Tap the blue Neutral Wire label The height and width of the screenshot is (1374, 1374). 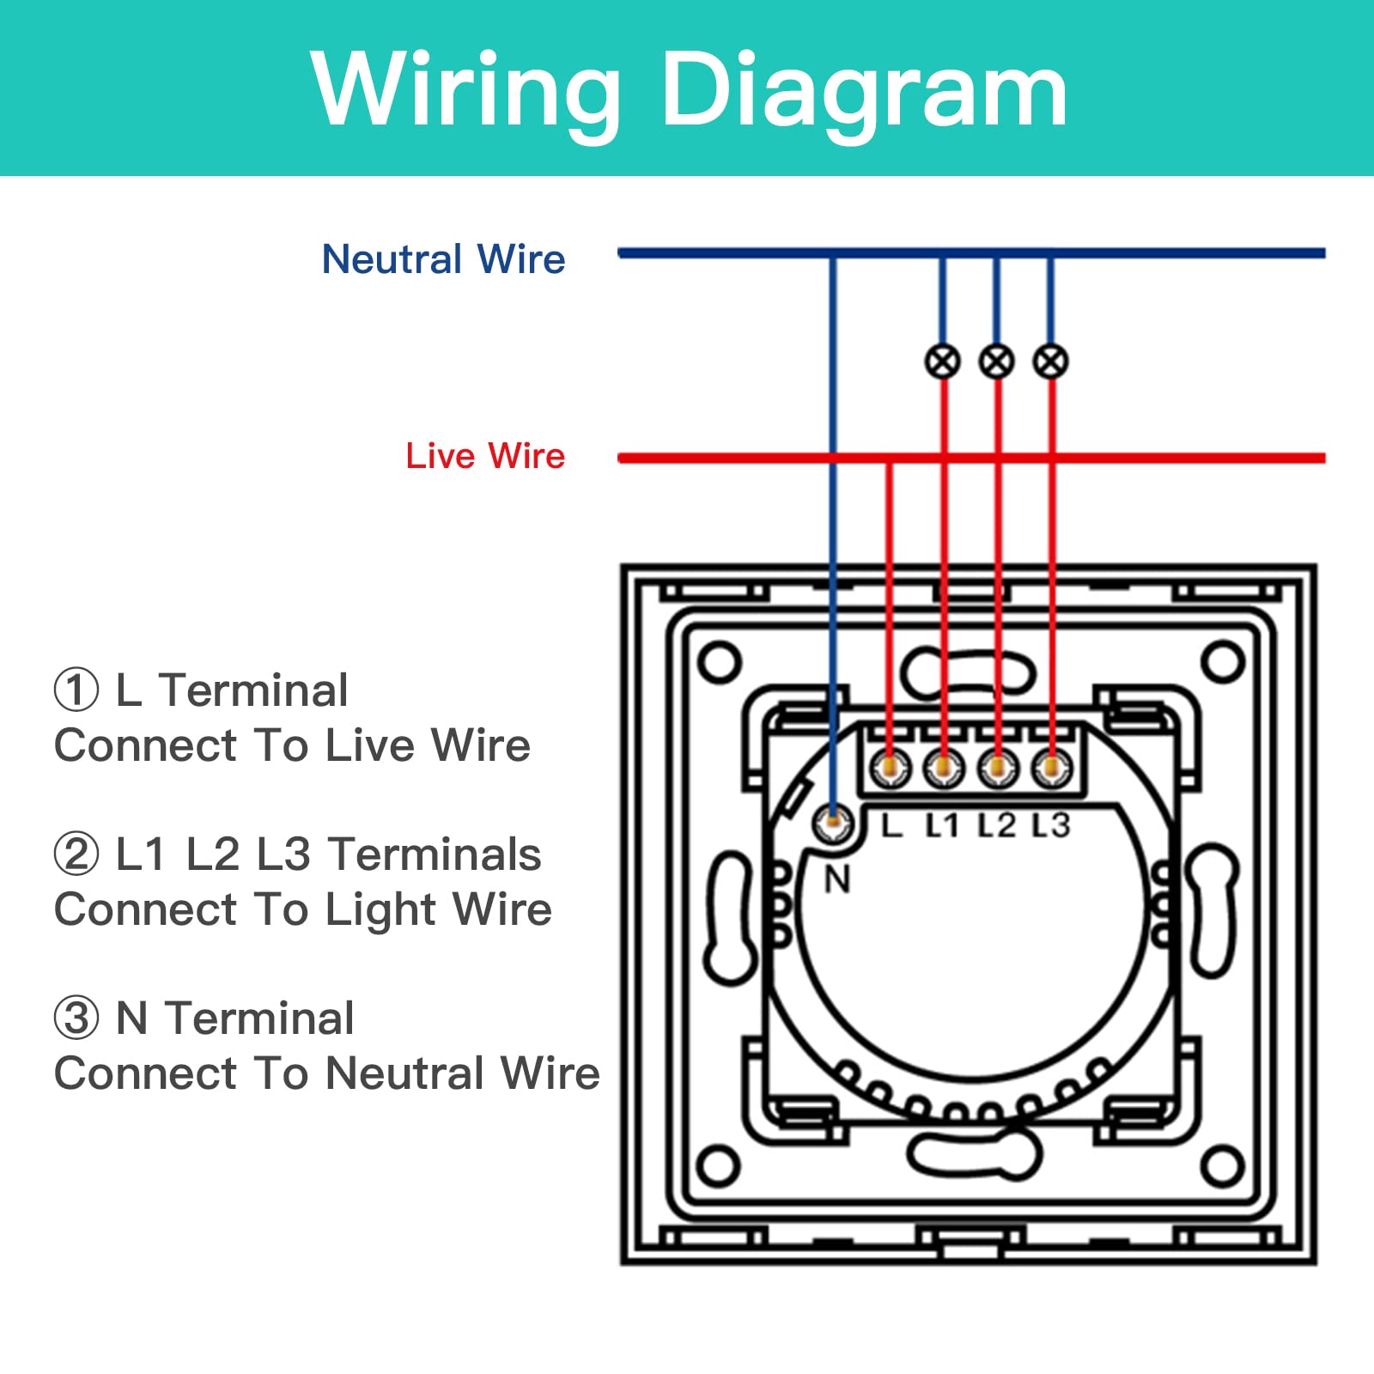443,258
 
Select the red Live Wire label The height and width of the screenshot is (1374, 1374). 485,455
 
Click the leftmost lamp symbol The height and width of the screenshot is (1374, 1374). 942,361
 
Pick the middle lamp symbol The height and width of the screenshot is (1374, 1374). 996,361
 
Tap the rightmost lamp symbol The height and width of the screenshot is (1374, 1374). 1050,361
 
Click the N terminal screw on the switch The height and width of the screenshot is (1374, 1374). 832,823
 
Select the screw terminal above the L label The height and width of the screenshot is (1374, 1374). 890,767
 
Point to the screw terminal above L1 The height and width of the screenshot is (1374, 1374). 944,767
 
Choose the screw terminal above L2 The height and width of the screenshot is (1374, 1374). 997,767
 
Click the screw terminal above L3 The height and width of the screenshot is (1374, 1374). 1051,767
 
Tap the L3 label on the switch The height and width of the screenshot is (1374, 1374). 1051,825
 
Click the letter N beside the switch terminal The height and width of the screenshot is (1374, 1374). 837,879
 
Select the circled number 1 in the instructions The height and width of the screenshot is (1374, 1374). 76,690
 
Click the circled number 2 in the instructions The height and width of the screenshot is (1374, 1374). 76,854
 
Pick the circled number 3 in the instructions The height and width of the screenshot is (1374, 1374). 76,1018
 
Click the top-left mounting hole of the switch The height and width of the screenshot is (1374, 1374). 720,661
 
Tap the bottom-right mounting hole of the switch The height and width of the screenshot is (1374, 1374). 1222,1166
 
